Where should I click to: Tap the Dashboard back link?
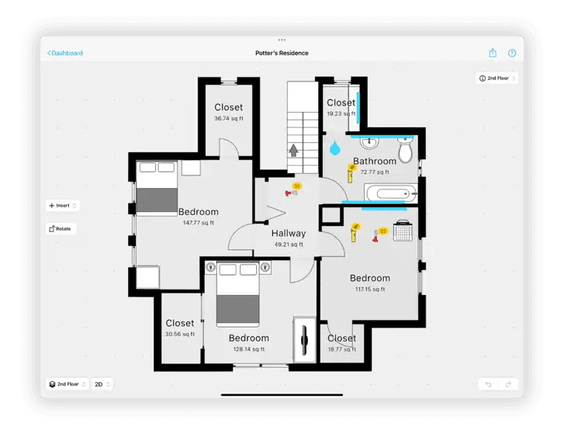pos(65,53)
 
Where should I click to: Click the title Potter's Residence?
pos(282,53)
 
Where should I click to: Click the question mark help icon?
pos(512,53)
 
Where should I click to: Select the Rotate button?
pos(61,229)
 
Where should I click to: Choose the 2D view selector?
pos(102,384)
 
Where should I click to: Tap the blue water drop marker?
pos(334,147)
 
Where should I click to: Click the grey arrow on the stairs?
pos(295,149)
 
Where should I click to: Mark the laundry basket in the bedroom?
pos(402,231)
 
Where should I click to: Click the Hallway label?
pos(289,233)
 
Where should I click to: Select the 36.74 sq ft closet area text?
pos(228,119)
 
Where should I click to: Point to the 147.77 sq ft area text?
pos(199,223)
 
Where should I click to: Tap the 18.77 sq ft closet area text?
pos(341,349)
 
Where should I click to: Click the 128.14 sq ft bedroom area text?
pos(248,349)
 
